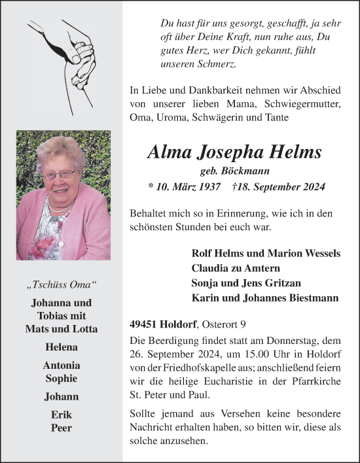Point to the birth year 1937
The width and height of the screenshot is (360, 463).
coord(207,187)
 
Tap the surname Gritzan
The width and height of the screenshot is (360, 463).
coord(266,283)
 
